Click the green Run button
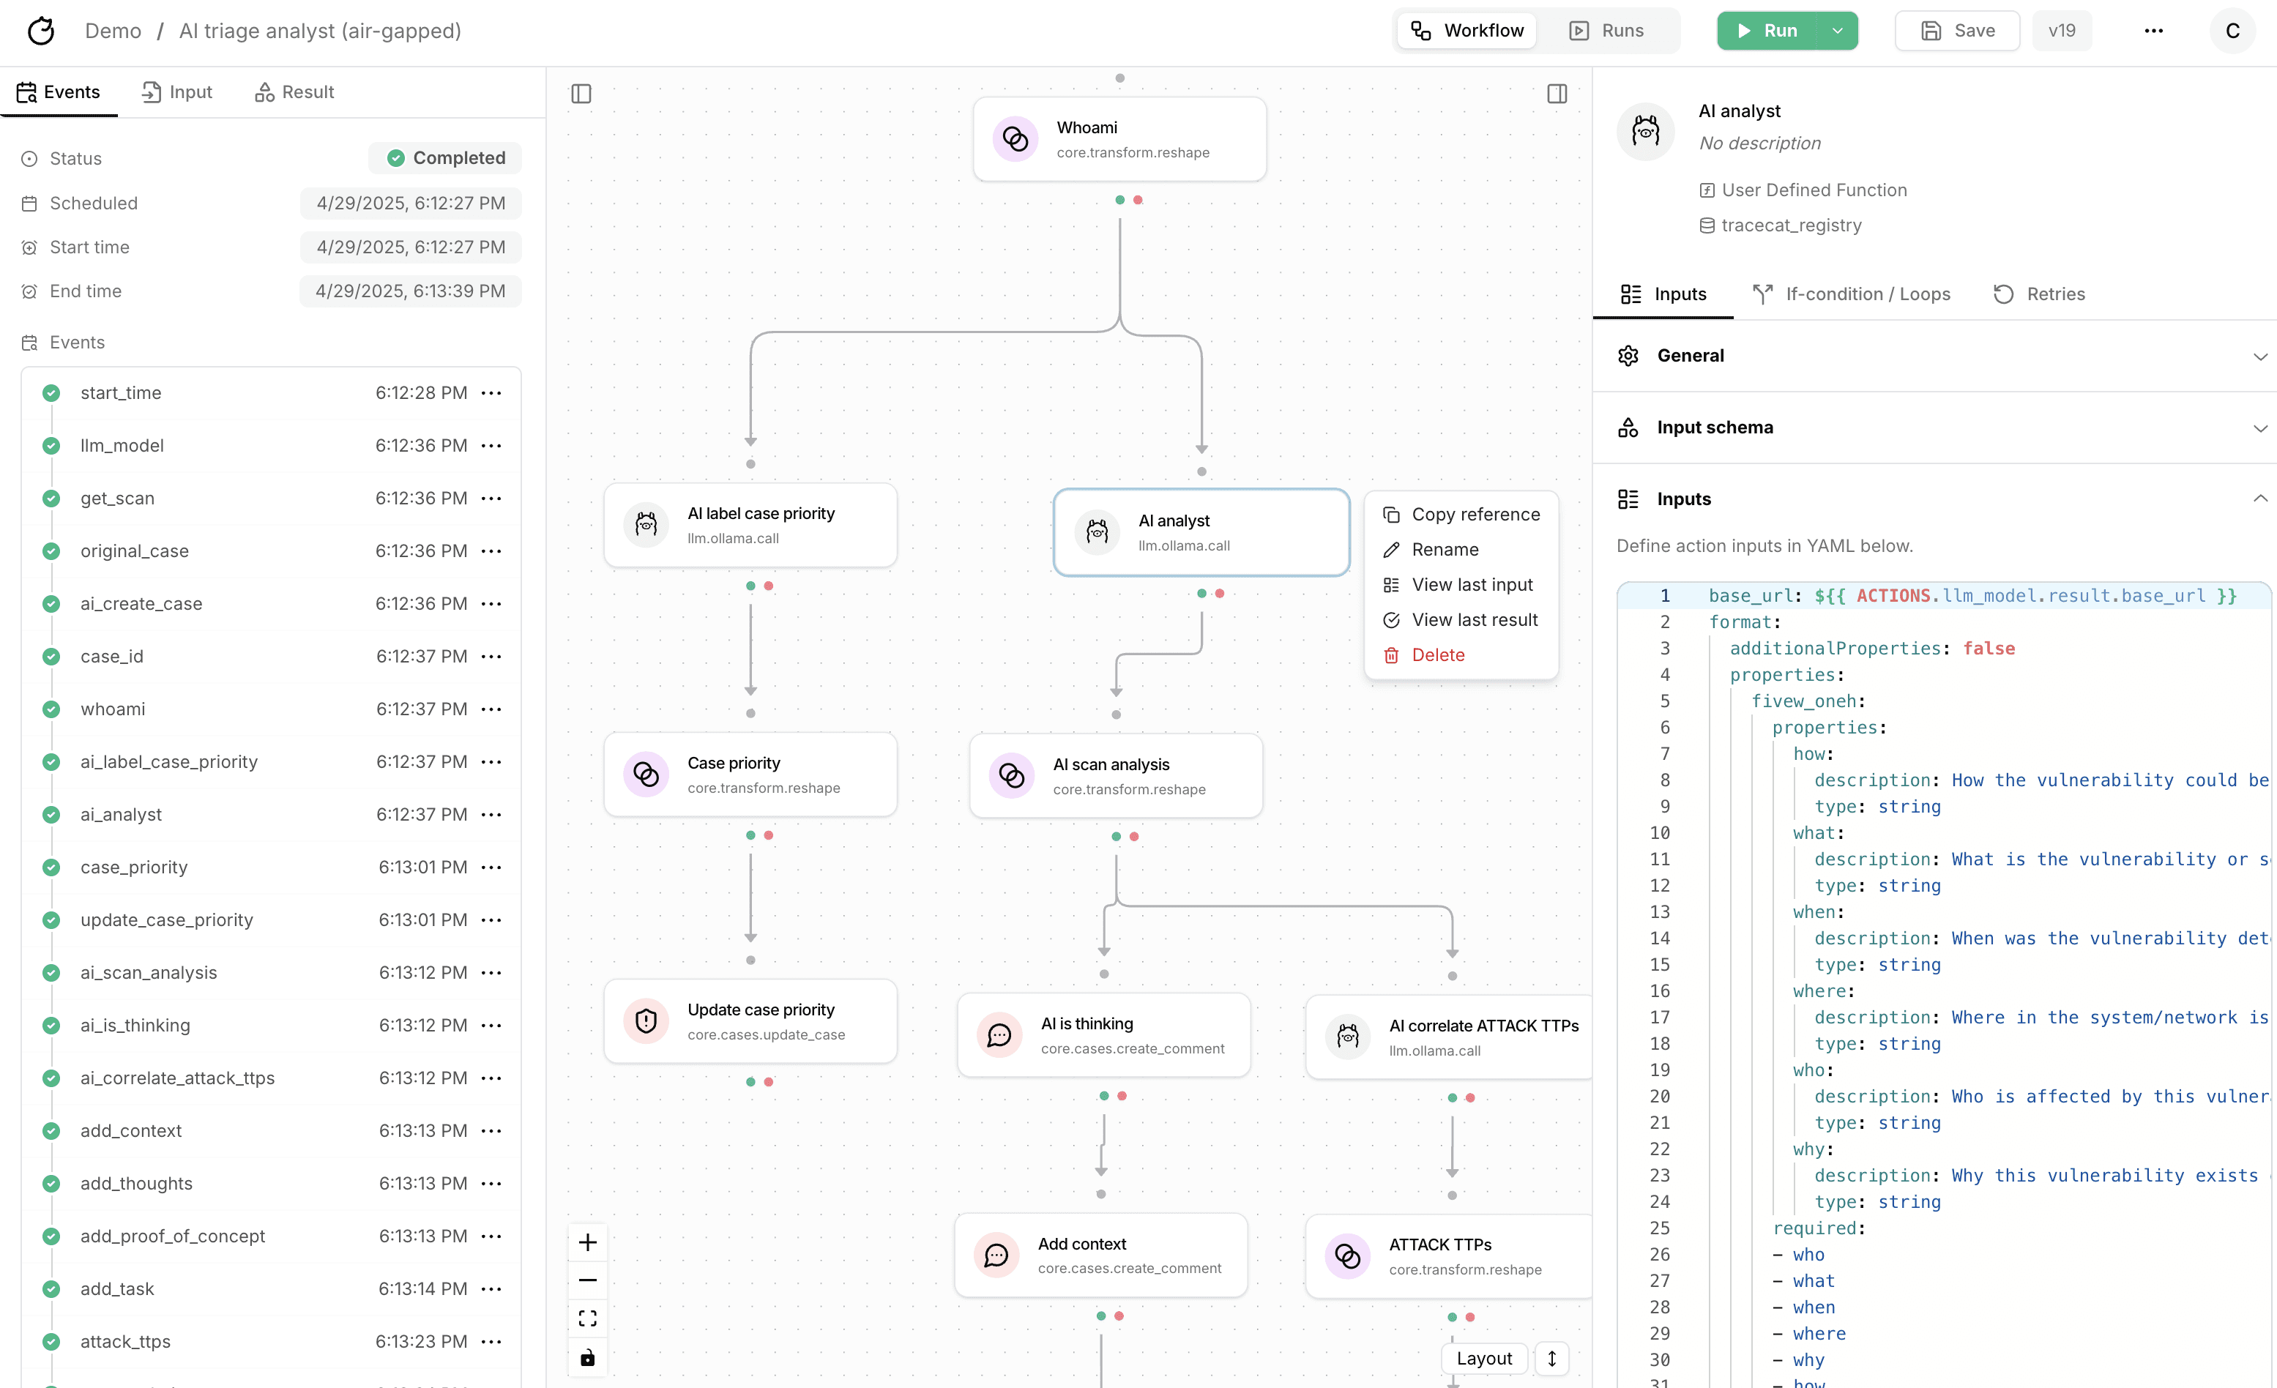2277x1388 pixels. click(x=1767, y=31)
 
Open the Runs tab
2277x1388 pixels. click(x=1607, y=31)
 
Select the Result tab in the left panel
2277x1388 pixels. click(x=295, y=92)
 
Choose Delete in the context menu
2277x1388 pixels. click(x=1438, y=654)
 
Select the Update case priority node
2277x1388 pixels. click(x=750, y=1021)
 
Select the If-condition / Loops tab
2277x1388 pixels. click(x=1852, y=294)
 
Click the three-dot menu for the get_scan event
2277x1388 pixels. click(x=491, y=498)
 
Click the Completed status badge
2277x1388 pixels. click(x=445, y=158)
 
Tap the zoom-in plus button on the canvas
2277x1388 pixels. click(x=588, y=1242)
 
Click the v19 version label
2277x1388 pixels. click(x=2062, y=31)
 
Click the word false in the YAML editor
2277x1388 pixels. click(x=1989, y=648)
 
